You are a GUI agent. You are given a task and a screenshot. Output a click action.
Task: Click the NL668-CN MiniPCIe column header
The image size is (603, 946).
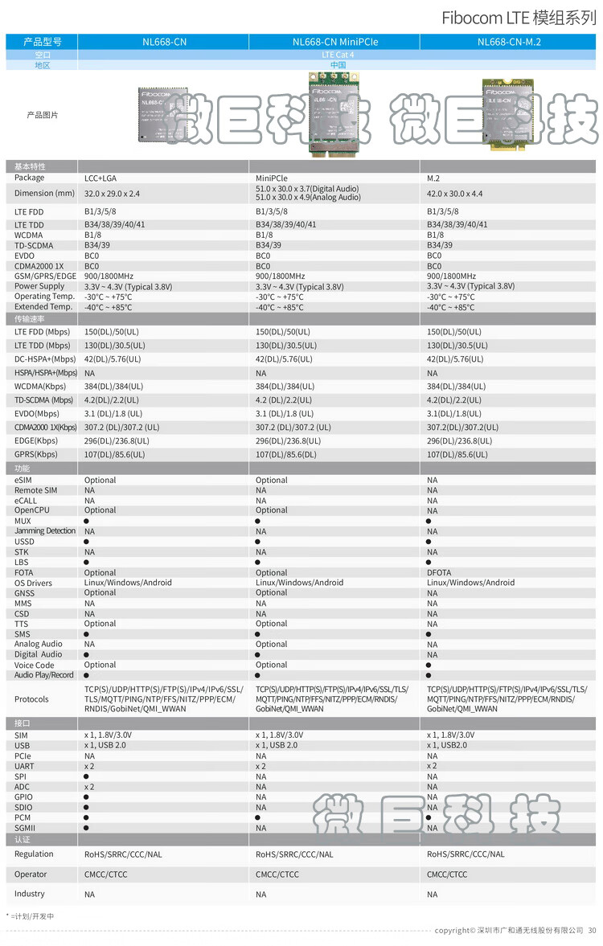[x=334, y=42]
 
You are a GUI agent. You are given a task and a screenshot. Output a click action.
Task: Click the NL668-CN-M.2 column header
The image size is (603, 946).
[x=508, y=42]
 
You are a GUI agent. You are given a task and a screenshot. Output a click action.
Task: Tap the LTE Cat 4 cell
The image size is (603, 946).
[x=337, y=55]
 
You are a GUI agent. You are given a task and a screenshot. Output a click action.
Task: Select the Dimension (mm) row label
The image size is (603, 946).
[x=44, y=193]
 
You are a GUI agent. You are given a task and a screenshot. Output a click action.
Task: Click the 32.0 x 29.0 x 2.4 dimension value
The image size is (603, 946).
[x=112, y=193]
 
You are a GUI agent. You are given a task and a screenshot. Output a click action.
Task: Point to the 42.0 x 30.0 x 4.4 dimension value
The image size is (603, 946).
[x=454, y=193]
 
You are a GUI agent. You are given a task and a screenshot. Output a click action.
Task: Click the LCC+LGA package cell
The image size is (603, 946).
[x=100, y=178]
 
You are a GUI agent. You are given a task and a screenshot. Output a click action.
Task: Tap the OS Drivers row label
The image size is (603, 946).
[x=33, y=583]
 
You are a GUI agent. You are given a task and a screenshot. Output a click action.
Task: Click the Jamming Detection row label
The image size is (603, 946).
[x=45, y=531]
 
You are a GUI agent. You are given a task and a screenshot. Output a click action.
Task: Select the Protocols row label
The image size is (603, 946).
[x=31, y=699]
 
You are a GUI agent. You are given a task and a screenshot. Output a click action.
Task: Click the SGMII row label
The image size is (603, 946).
[x=25, y=828]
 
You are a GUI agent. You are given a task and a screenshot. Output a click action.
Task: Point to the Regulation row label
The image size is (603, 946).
[x=34, y=854]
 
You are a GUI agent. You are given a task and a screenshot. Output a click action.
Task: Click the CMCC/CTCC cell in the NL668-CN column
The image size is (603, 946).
[x=105, y=874]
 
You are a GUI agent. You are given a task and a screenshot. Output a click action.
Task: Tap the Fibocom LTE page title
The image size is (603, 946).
[x=519, y=17]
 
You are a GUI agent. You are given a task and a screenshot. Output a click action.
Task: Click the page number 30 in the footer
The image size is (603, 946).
[x=592, y=930]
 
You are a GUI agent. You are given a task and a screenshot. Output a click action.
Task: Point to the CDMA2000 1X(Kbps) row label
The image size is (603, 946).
[x=45, y=428]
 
